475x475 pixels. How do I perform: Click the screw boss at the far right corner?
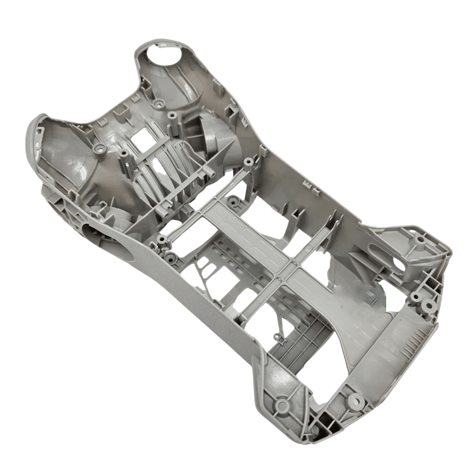pos(420,240)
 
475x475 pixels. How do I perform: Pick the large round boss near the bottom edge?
pos(356,401)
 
